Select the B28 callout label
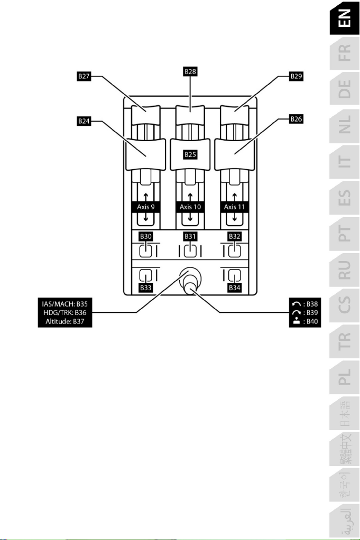[x=190, y=70]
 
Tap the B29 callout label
[x=297, y=77]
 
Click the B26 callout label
[x=297, y=120]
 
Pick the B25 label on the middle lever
[x=190, y=154]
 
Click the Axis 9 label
[x=145, y=207]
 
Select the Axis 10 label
[x=190, y=207]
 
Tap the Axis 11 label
[x=234, y=207]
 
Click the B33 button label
[x=145, y=288]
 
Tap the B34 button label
[x=234, y=288]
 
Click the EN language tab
[x=344, y=22]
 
